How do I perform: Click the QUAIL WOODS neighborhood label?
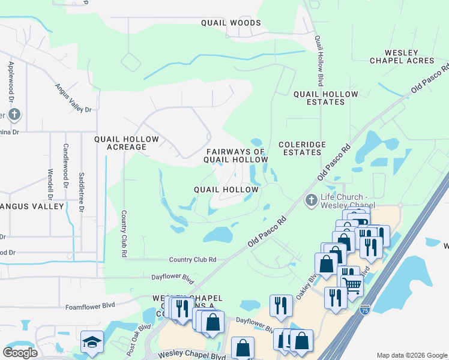tap(231, 23)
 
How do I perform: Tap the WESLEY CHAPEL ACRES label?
tap(402, 56)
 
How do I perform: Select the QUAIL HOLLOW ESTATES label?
tap(326, 98)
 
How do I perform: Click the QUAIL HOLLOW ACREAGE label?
tap(127, 143)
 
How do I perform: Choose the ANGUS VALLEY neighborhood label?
tap(33, 206)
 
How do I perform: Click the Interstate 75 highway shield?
tap(364, 310)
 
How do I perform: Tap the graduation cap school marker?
tap(91, 342)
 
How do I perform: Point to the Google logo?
tap(20, 352)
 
